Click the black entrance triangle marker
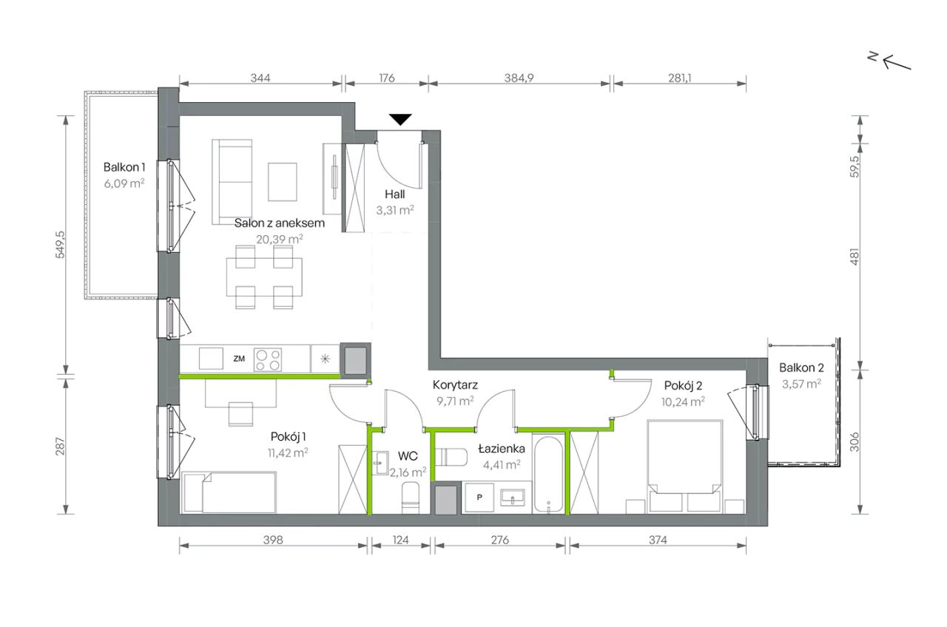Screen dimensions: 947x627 pos(400,120)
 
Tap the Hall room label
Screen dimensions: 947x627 pos(394,194)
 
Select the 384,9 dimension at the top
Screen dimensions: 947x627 pos(519,78)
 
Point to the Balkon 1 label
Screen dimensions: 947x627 pos(124,167)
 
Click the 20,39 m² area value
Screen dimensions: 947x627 pos(280,240)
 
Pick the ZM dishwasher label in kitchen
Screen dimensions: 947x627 pos(239,359)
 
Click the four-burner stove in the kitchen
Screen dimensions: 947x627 pos(268,359)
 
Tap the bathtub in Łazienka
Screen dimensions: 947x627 pos(548,474)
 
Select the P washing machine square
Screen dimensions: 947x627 pos(479,498)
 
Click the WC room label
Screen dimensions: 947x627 pos(408,456)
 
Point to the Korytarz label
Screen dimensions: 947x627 pos(455,385)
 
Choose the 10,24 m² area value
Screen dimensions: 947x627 pos(683,401)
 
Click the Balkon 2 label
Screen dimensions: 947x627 pos(801,368)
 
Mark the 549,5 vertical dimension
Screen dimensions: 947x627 pos(61,244)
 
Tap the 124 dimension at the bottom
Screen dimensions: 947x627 pos(400,540)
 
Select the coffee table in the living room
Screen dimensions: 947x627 pos(283,182)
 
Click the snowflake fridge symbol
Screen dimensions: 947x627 pos(325,359)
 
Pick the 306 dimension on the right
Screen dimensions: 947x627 pos(855,442)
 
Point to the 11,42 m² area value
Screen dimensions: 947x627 pos(288,453)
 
